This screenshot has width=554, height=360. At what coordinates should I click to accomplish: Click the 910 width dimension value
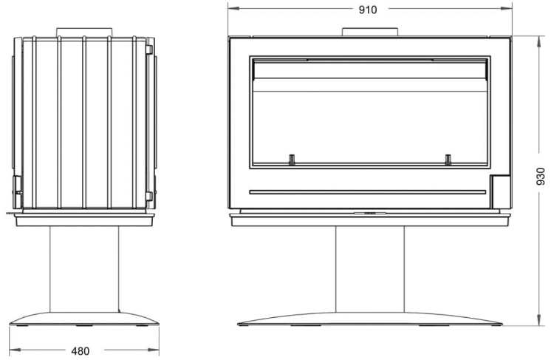368,10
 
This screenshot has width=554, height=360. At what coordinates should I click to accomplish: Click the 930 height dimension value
541,176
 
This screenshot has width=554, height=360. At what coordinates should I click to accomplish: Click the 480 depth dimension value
81,351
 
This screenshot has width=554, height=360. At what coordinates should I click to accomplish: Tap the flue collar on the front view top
370,32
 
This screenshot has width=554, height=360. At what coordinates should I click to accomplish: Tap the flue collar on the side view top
84,32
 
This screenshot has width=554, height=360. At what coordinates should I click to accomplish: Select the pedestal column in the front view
370,270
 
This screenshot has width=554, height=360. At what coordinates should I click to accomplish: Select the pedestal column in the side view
84,270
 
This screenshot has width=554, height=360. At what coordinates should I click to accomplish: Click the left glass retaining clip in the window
292,160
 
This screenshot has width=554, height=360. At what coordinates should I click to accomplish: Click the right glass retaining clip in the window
448,160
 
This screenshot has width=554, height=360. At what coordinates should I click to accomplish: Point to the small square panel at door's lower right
500,191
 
